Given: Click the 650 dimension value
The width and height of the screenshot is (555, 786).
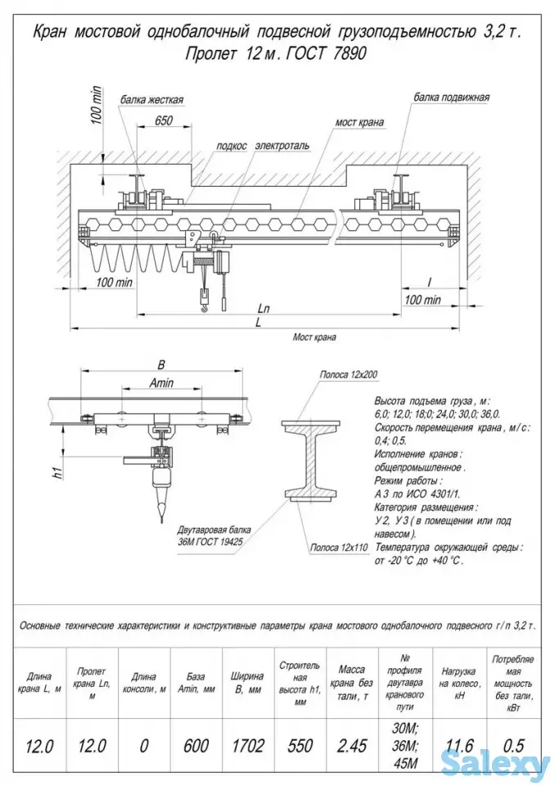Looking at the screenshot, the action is tap(164, 120).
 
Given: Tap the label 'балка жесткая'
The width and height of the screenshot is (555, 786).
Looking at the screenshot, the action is tap(152, 100).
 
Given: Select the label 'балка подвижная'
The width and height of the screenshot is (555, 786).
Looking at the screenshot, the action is tap(451, 97).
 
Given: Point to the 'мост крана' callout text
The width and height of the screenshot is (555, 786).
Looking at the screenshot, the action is tap(359, 122).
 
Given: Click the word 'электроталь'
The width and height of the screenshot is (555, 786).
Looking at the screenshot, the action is tap(282, 146).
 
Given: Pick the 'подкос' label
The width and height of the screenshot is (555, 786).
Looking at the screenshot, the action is tap(232, 146).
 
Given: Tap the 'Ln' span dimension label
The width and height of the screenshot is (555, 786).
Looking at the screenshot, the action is tap(264, 309).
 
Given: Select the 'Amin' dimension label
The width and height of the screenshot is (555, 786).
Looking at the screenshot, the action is tap(161, 383).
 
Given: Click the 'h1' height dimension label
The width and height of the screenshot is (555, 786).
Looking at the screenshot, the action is tap(59, 472).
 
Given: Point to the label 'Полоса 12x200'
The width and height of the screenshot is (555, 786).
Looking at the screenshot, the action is tap(349, 374).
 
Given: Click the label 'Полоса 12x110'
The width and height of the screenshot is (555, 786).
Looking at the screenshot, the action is tap(339, 548).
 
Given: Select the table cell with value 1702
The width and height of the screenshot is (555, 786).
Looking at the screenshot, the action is tap(248, 745).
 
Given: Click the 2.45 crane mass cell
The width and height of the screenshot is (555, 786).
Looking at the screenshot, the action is tap(352, 745).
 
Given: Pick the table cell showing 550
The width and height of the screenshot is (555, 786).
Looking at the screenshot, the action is tap(300, 745).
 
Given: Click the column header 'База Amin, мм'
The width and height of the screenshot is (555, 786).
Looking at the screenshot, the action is tap(196, 683).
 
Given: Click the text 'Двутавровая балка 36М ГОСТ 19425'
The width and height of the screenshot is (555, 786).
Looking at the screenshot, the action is tap(214, 535).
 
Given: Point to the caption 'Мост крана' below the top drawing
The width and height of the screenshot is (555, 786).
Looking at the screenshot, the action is tap(314, 337).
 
